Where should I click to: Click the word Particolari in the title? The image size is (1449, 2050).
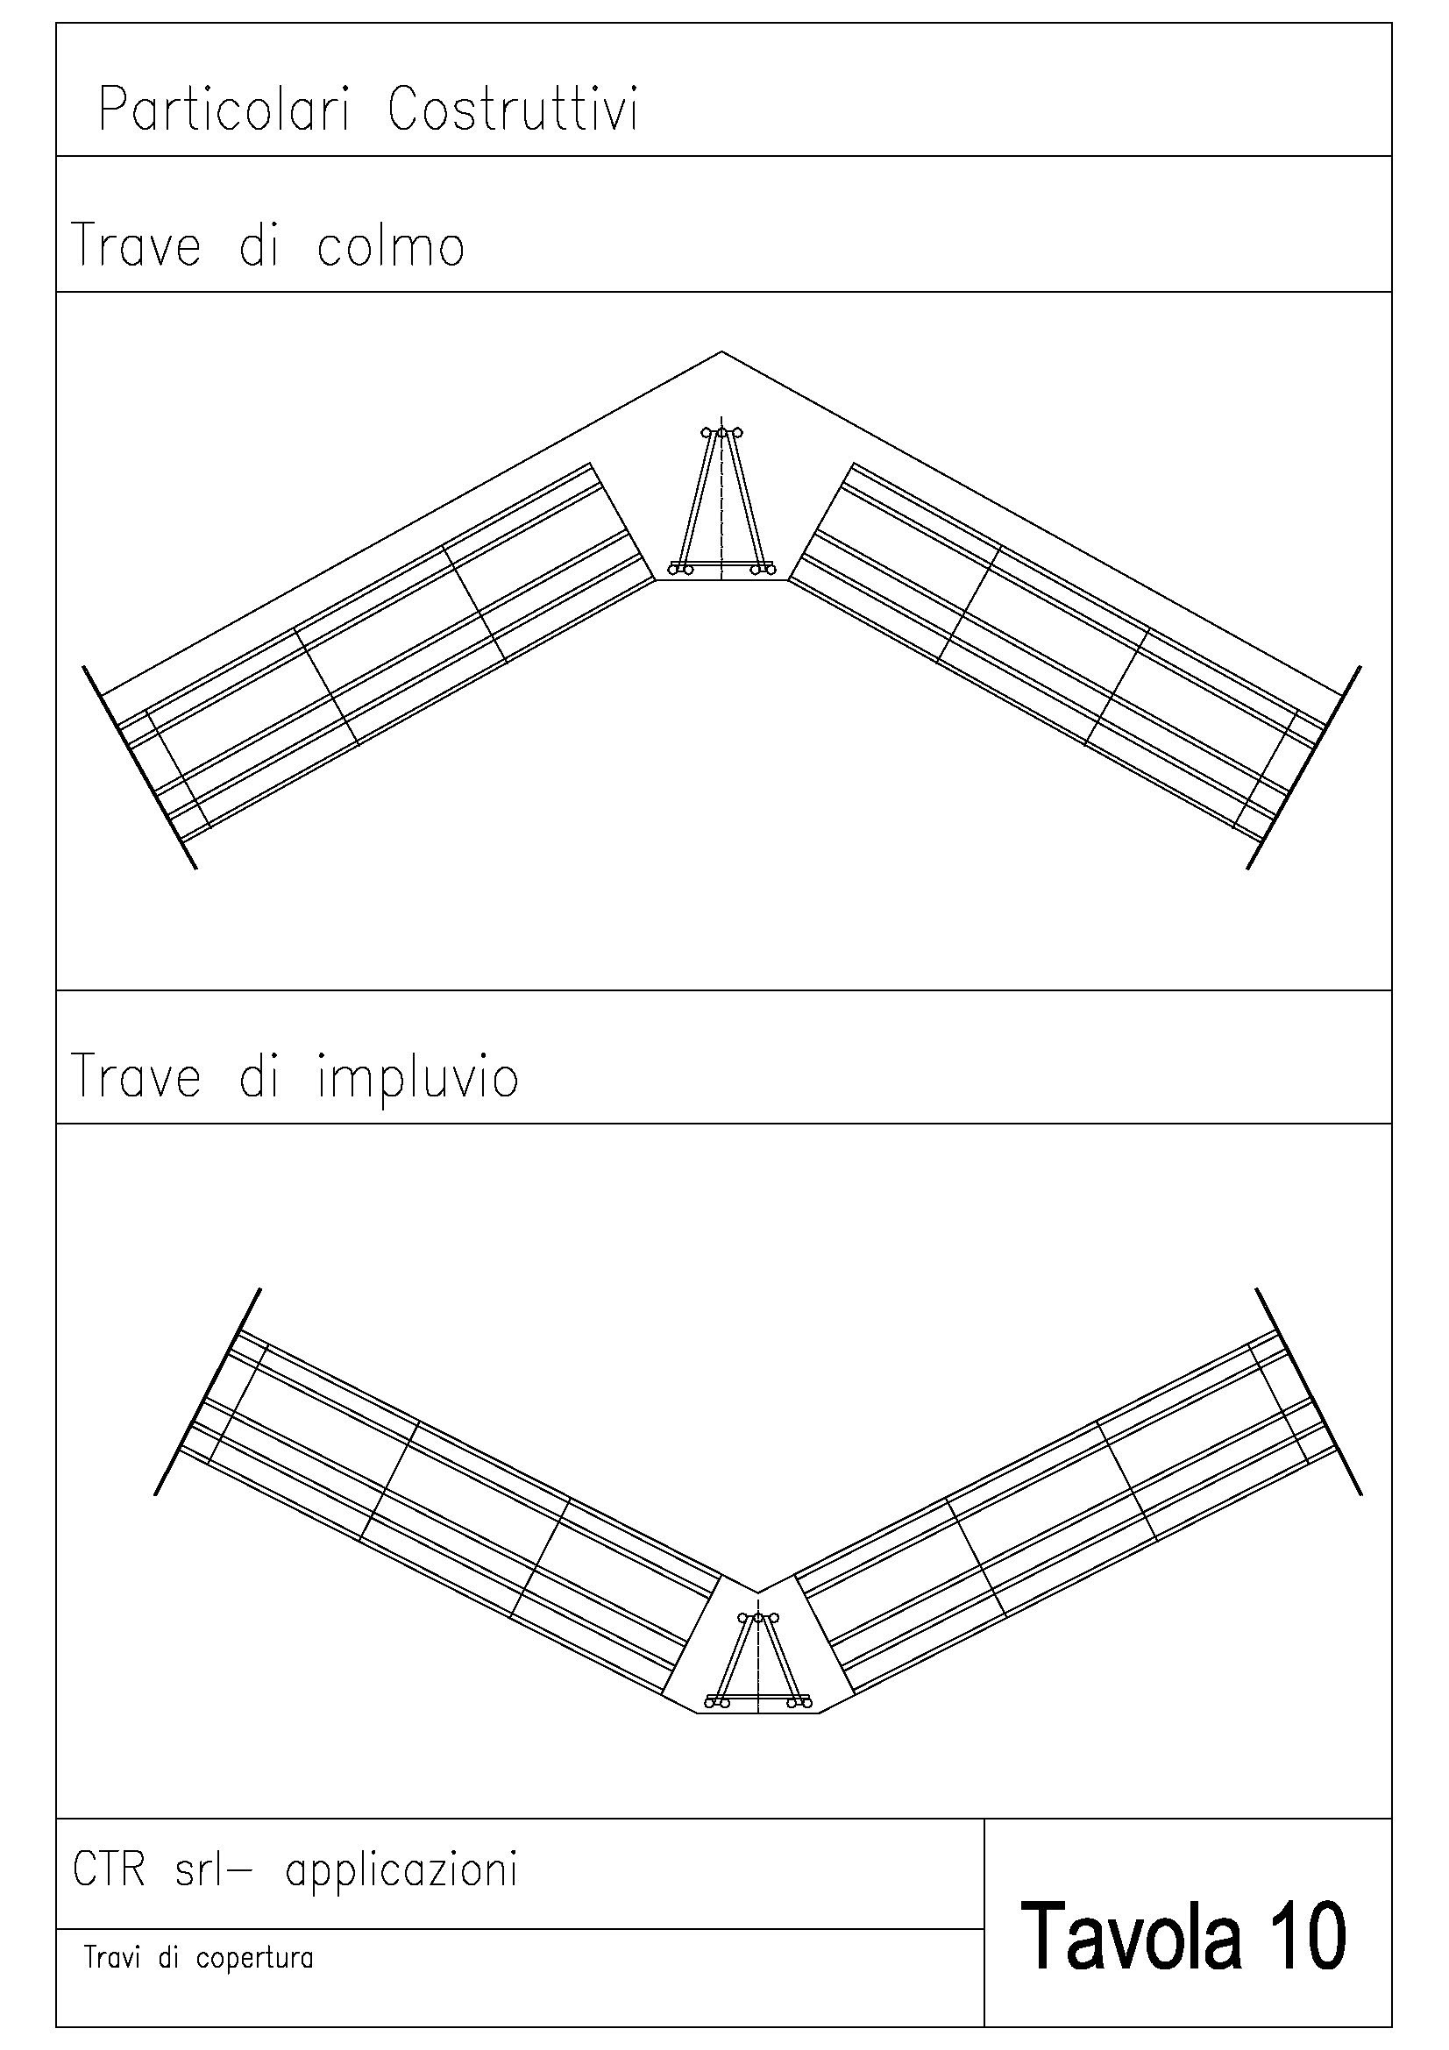[223, 111]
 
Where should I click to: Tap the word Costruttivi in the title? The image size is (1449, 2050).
[514, 111]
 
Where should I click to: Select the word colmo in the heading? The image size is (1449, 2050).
[390, 245]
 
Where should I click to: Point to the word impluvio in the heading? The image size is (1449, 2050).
[417, 1077]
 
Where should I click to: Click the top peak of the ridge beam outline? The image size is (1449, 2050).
[721, 351]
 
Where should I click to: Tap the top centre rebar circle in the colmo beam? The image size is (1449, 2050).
[722, 433]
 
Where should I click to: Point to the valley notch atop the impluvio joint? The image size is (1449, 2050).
[757, 1591]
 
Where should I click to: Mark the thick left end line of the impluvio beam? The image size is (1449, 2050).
[207, 1391]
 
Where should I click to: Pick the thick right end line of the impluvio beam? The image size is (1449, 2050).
[1308, 1391]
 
